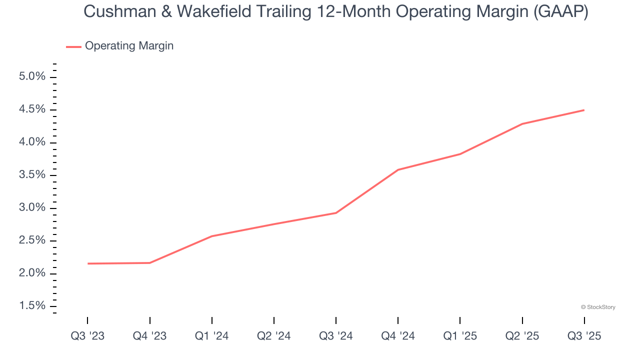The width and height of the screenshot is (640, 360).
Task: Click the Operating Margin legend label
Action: pos(129,46)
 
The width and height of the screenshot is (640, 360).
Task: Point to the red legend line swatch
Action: pos(73,46)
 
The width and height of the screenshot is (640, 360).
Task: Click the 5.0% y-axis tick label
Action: pos(32,77)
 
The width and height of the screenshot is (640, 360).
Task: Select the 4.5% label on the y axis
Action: pos(32,109)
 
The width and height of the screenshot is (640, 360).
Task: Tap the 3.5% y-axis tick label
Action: pos(32,175)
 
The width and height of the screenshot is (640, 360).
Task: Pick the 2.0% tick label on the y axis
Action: pos(32,273)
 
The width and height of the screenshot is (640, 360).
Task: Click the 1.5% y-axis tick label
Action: pos(32,306)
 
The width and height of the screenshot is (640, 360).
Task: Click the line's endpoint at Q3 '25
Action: pos(584,110)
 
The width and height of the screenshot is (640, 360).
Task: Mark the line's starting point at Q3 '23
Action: pos(88,263)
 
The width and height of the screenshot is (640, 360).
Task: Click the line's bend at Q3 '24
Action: pos(336,213)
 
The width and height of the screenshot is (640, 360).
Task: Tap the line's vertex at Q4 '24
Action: pos(398,170)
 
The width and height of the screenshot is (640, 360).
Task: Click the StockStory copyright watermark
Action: pos(598,307)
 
